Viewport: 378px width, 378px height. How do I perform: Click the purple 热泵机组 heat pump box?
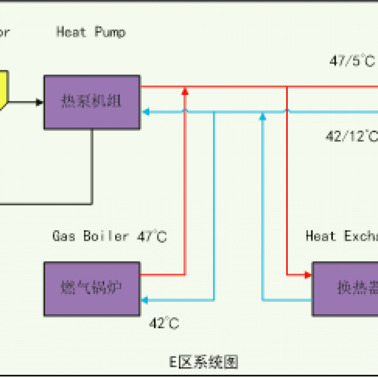click(92, 102)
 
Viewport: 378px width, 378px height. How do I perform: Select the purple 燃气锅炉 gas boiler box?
click(92, 288)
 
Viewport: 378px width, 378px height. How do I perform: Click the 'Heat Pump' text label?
click(91, 32)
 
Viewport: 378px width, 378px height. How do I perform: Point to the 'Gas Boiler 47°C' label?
click(110, 236)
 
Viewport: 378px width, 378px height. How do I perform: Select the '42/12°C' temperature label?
click(351, 137)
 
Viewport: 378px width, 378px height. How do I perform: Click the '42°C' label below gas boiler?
click(164, 323)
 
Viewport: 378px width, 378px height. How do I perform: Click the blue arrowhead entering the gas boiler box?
click(145, 300)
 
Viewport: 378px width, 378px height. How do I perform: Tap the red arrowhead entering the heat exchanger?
click(308, 275)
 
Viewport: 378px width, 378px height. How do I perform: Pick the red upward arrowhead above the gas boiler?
click(184, 91)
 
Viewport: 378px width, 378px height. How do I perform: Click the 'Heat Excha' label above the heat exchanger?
click(342, 236)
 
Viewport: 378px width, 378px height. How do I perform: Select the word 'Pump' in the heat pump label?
click(111, 32)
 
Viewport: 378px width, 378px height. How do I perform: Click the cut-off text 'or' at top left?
click(5, 32)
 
